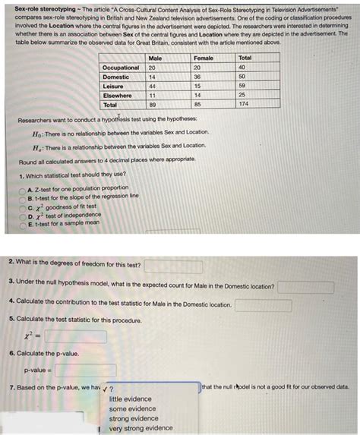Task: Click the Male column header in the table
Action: (155, 58)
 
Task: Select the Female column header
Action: (204, 58)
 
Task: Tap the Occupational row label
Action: (121, 68)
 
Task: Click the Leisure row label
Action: (113, 87)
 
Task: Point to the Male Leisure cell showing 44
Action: (153, 87)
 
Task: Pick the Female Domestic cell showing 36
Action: (197, 77)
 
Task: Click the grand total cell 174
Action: (245, 105)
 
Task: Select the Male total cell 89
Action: (153, 105)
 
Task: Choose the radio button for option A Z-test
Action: (23, 188)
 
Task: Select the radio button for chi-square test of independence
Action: (23, 215)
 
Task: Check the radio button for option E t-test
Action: (23, 224)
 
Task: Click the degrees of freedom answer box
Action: (173, 266)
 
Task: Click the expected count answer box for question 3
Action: (305, 288)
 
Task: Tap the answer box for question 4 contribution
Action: (263, 305)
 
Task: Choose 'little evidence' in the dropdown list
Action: (130, 399)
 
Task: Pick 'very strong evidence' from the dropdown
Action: (141, 428)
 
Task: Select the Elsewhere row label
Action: (117, 96)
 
